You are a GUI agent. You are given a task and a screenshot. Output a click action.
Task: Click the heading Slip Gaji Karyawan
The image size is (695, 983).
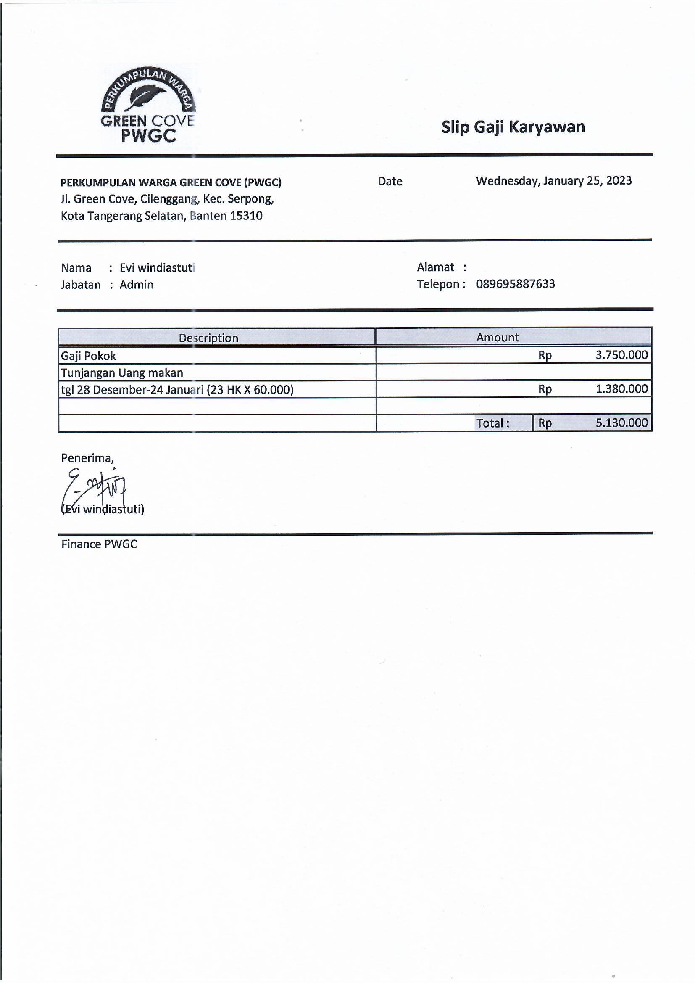[513, 127]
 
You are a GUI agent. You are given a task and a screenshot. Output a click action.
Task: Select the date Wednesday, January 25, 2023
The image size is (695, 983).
[554, 181]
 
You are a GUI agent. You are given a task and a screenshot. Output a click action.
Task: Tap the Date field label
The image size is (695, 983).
[390, 182]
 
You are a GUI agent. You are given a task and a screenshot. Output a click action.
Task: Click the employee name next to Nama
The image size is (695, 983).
[157, 268]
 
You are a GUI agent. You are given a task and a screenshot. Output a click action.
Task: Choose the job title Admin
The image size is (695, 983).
[136, 285]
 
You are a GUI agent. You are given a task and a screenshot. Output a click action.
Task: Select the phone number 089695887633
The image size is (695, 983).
[515, 284]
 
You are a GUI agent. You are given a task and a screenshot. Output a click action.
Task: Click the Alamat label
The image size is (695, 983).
[435, 267]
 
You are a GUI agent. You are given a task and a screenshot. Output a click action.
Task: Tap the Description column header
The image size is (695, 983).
[208, 338]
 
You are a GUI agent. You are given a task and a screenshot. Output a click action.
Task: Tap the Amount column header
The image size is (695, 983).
[497, 337]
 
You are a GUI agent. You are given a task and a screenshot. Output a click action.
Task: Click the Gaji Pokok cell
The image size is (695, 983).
[89, 356]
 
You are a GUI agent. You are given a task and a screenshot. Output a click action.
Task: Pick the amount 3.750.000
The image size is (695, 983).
[621, 355]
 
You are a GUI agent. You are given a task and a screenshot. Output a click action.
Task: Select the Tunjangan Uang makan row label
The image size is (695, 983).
[122, 373]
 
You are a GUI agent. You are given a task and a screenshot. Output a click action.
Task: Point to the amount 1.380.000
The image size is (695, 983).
[621, 389]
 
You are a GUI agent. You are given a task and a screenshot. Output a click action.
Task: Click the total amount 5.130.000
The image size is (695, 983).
[621, 423]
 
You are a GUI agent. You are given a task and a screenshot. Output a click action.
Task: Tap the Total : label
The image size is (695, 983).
[493, 423]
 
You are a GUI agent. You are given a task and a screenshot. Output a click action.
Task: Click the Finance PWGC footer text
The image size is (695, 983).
[99, 544]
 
